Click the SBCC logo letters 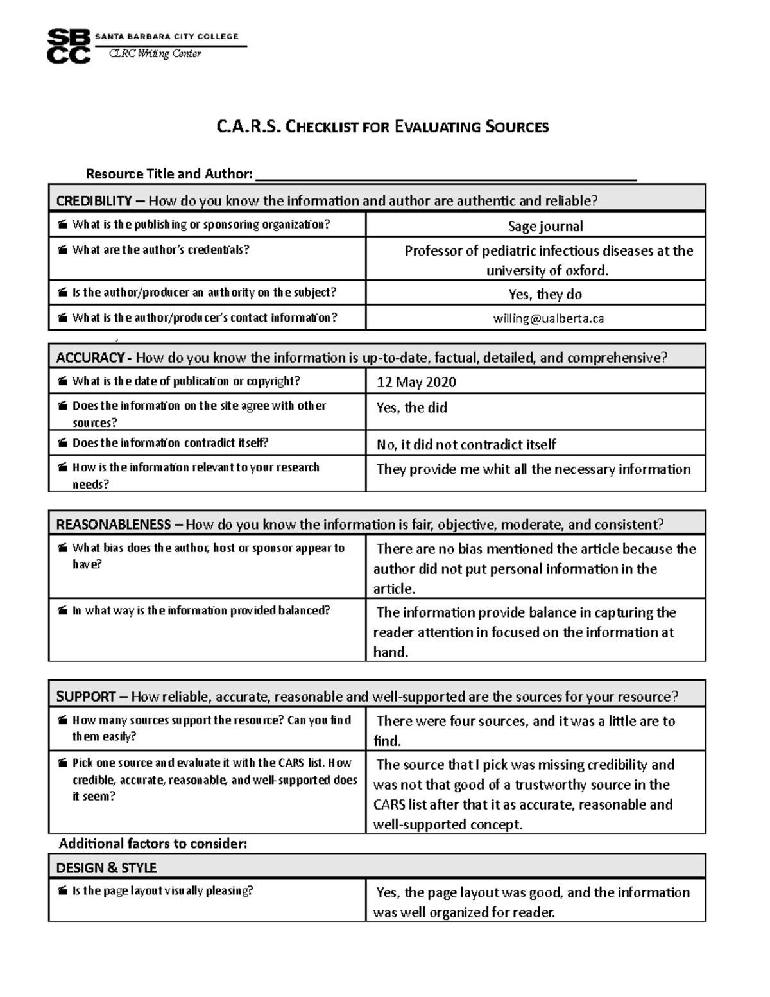pos(68,46)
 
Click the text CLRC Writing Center pos(155,54)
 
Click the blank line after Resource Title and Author pos(445,175)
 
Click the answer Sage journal pos(545,226)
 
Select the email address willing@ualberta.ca pos(548,318)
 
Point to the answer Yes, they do pos(545,294)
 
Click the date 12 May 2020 pos(416,383)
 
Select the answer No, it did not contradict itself pos(466,445)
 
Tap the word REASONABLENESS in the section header pos(113,525)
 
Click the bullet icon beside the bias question pos(62,549)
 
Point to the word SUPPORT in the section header pos(86,697)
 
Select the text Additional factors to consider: pos(153,844)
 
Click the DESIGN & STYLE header pos(106,868)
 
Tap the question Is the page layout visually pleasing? pos(162,891)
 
